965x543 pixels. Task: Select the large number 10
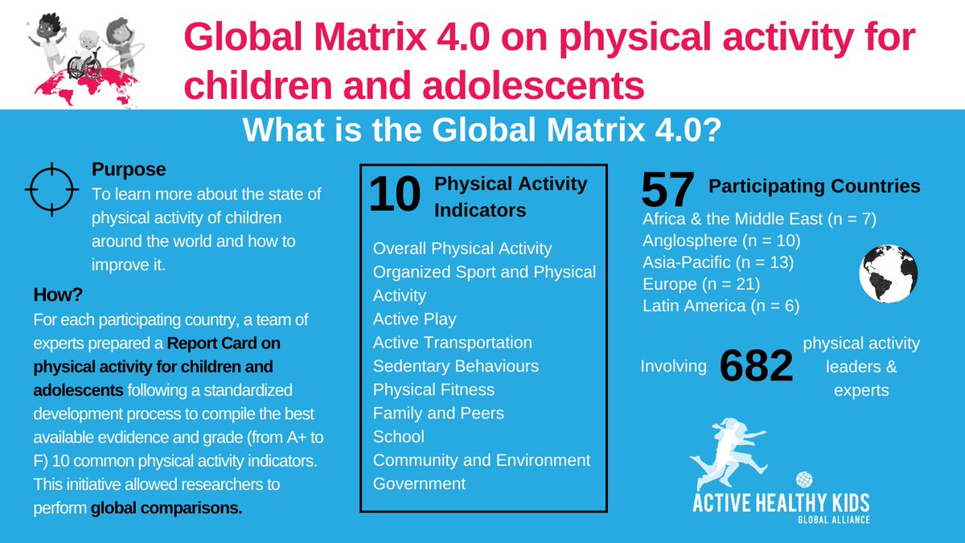(394, 197)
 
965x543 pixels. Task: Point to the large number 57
(667, 191)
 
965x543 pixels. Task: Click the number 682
(756, 367)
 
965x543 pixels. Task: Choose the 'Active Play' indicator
(414, 319)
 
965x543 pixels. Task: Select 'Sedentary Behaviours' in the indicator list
(455, 366)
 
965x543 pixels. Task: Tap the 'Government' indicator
(419, 483)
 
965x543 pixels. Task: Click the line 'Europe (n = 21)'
(701, 284)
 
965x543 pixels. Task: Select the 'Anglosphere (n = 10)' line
(721, 240)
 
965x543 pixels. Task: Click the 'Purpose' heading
(129, 170)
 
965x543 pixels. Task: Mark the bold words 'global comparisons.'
(166, 508)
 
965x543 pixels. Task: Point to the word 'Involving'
(673, 367)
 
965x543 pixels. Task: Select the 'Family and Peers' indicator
(438, 413)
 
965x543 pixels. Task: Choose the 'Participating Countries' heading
(814, 187)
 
